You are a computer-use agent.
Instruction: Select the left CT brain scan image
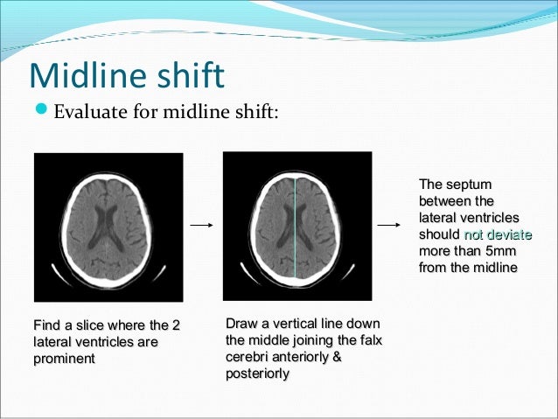pyautogui.click(x=108, y=227)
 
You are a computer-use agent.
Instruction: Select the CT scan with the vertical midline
pyautogui.click(x=297, y=226)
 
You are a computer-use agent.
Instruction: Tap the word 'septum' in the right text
pyautogui.click(x=472, y=185)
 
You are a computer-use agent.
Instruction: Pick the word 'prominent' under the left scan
pyautogui.click(x=64, y=359)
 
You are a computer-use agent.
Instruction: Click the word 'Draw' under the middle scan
pyautogui.click(x=241, y=325)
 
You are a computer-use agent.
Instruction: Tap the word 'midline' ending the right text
pyautogui.click(x=495, y=268)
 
